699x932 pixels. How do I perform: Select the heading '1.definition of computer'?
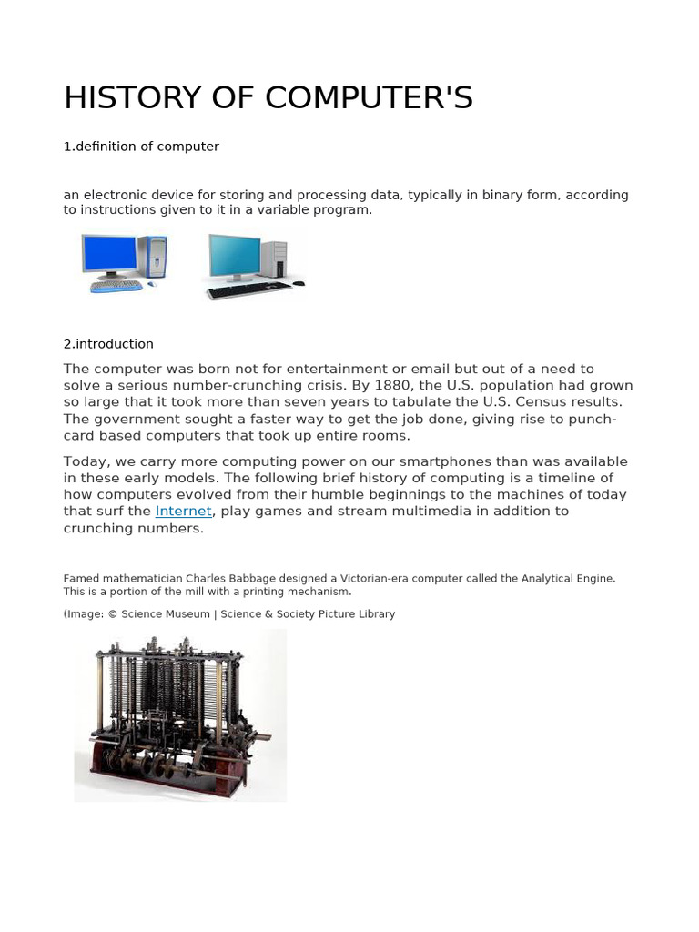tap(141, 147)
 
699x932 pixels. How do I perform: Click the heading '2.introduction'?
tap(108, 344)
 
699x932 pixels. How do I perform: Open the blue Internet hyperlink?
tap(183, 512)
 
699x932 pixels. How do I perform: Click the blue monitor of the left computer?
tap(109, 254)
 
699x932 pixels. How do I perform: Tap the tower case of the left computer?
tap(154, 257)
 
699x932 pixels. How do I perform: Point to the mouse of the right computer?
tap(298, 283)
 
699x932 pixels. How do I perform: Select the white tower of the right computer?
tap(274, 259)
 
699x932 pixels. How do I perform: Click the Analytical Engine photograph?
tap(180, 715)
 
